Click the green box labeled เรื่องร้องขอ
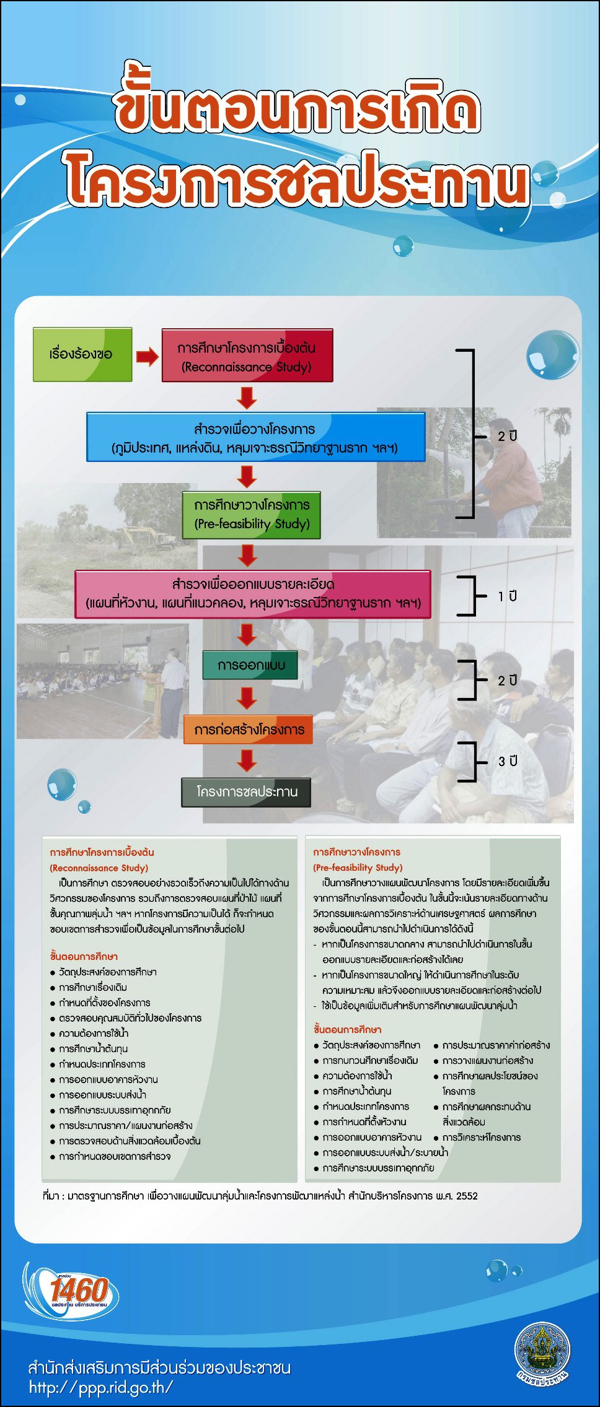pyautogui.click(x=82, y=354)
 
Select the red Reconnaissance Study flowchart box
pyautogui.click(x=247, y=355)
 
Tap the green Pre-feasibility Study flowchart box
pyautogui.click(x=251, y=515)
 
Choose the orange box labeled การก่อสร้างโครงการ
pyautogui.click(x=248, y=730)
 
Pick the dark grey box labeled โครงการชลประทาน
pyautogui.click(x=246, y=792)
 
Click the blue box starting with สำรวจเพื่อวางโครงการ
pyautogui.click(x=256, y=437)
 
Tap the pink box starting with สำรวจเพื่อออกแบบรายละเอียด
pyautogui.click(x=253, y=594)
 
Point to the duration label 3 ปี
pyautogui.click(x=508, y=761)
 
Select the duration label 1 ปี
pyautogui.click(x=507, y=596)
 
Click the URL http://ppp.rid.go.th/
pyautogui.click(x=101, y=1387)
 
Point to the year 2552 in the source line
pyautogui.click(x=467, y=1195)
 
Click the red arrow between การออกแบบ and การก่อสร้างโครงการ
pyautogui.click(x=247, y=698)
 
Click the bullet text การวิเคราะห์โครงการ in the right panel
pyautogui.click(x=481, y=1137)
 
